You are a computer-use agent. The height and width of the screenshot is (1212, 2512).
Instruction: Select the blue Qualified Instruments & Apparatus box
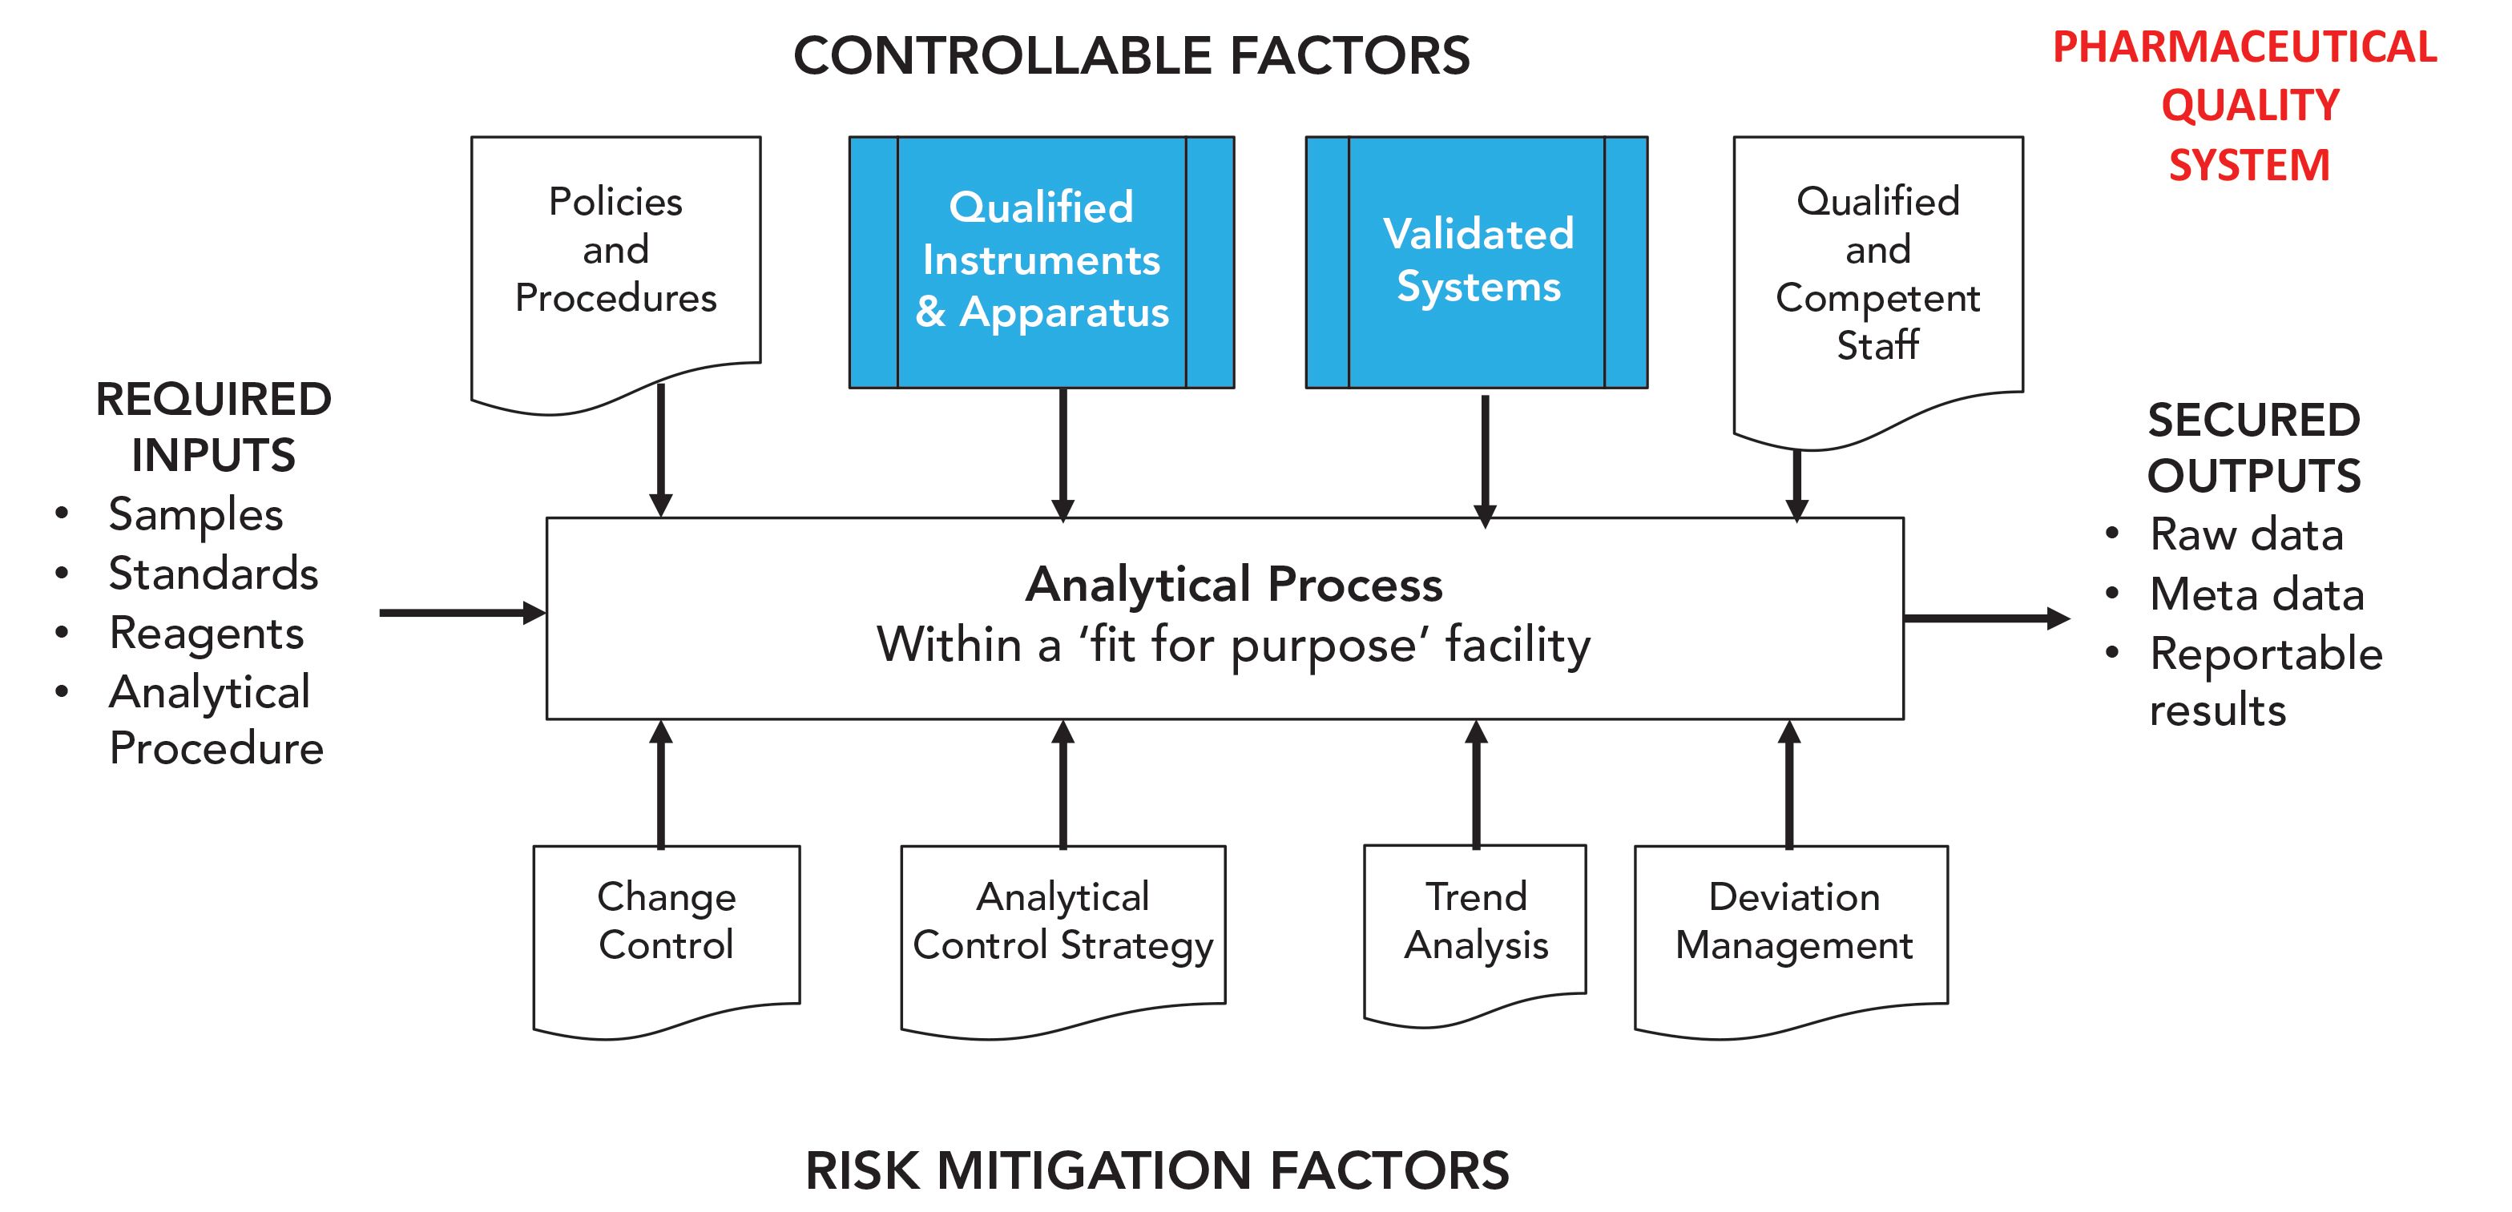tap(1042, 261)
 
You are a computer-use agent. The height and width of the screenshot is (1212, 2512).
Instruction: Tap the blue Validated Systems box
tap(1477, 261)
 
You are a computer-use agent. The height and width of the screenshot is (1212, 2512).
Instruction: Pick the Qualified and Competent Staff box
tap(1877, 273)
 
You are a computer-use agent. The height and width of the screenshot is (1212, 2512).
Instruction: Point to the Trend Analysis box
tap(1475, 921)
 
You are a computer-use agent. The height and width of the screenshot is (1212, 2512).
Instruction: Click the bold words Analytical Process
tap(1234, 584)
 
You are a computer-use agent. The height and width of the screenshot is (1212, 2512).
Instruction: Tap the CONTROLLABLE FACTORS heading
tap(1131, 55)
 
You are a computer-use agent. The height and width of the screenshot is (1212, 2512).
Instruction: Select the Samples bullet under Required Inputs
tap(195, 513)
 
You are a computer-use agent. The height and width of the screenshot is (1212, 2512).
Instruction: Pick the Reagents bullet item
tap(206, 633)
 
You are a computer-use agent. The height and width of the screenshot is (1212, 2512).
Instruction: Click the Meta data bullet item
tap(2256, 594)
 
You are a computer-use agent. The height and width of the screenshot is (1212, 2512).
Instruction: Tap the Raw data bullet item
tap(2246, 534)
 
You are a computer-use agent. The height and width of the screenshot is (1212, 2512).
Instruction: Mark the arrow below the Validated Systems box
tap(1485, 458)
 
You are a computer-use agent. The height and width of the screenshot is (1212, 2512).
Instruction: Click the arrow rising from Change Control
tap(661, 784)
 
